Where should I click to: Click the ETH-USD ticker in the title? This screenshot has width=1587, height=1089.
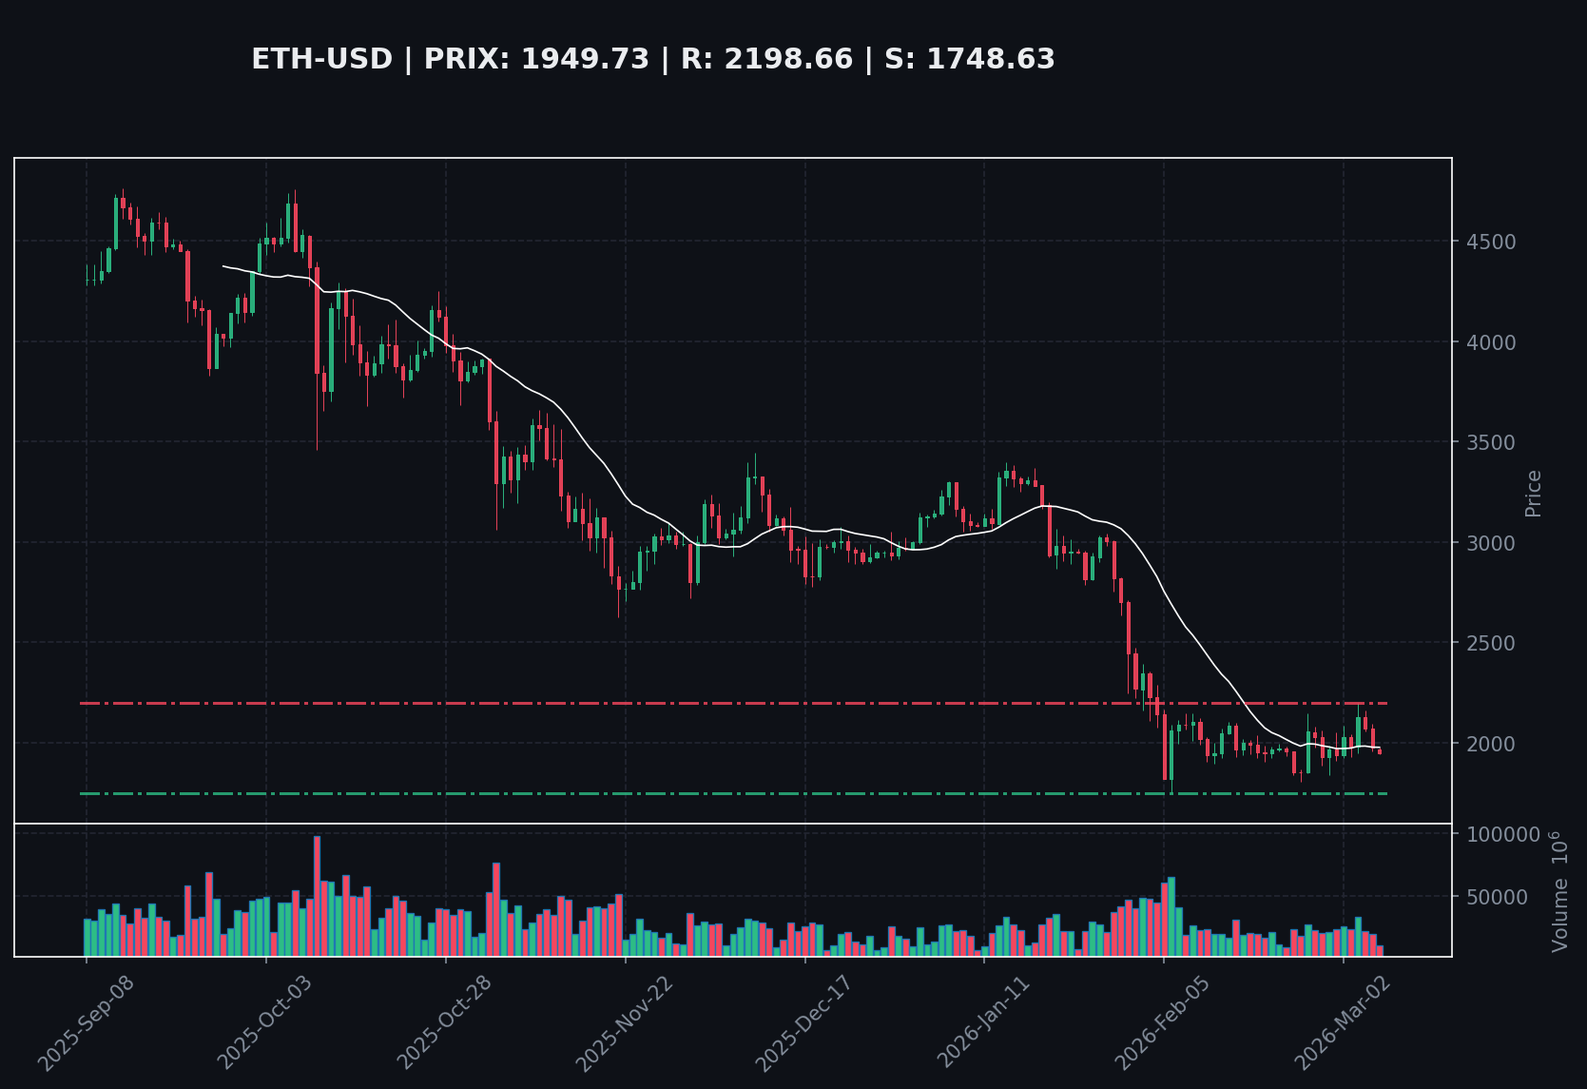click(321, 60)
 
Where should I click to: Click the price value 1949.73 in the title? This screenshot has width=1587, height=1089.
click(585, 60)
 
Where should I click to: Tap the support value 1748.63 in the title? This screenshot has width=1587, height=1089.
click(990, 60)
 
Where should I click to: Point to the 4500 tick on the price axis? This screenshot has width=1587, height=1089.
click(1490, 242)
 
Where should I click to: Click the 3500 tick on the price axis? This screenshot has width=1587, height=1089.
click(1490, 442)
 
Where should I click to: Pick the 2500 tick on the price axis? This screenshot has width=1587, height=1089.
click(1490, 643)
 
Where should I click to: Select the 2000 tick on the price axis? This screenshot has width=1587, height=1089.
click(1490, 744)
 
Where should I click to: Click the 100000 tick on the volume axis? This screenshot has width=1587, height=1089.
click(1502, 834)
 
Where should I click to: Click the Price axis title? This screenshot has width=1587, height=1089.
click(1533, 493)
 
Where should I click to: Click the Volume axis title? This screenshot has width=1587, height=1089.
click(1559, 891)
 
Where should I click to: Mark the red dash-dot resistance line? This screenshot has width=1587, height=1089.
click(666, 703)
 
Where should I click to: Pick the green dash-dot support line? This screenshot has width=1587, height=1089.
click(666, 793)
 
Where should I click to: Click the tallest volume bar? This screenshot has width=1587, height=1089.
click(317, 895)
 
